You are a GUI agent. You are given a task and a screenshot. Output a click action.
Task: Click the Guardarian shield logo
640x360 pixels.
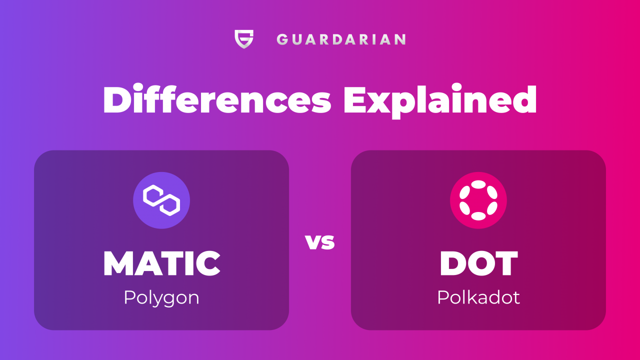(244, 39)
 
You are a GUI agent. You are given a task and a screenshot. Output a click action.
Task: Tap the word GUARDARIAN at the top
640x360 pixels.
(341, 39)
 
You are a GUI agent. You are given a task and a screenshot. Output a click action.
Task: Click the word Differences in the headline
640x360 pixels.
(217, 100)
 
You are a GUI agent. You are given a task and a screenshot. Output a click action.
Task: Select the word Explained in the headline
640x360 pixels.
(440, 101)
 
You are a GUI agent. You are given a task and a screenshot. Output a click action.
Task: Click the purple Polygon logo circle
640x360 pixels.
(161, 200)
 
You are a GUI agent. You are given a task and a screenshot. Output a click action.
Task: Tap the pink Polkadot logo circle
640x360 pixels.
(478, 200)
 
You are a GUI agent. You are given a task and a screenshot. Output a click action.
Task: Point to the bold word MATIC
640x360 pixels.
(161, 263)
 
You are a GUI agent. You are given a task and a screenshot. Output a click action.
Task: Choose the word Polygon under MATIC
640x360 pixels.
(161, 298)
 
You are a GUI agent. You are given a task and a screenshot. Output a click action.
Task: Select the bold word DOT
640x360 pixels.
(478, 263)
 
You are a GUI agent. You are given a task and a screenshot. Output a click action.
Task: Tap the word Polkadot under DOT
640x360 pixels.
(478, 297)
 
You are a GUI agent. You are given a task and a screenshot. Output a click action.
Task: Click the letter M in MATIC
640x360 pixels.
(118, 263)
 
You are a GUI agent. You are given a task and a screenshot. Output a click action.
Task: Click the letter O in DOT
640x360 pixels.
(479, 263)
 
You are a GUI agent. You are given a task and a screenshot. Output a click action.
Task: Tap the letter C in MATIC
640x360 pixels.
(207, 263)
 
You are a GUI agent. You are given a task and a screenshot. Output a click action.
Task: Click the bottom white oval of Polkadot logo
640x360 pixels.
(478, 216)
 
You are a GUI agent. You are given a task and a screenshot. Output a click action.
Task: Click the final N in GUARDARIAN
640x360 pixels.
(400, 39)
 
